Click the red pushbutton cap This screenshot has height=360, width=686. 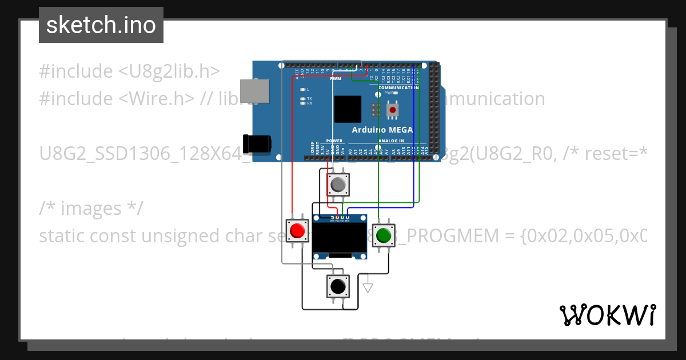point(297,231)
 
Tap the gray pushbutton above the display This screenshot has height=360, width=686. point(338,185)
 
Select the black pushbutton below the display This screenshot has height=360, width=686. point(337,285)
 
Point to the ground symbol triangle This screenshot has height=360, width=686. point(368,287)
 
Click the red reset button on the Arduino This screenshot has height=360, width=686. point(393,109)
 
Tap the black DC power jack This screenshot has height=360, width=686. point(257,143)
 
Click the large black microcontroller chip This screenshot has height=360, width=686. point(348,109)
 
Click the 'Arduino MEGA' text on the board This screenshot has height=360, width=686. point(382,130)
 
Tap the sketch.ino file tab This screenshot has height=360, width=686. point(101,25)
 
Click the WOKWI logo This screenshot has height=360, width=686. point(607,315)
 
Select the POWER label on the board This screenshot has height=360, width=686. point(334,141)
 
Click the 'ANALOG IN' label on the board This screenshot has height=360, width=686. point(391,141)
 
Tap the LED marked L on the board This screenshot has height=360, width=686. point(303,90)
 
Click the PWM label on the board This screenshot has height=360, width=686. point(335,79)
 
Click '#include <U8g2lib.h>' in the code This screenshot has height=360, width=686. point(129,71)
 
